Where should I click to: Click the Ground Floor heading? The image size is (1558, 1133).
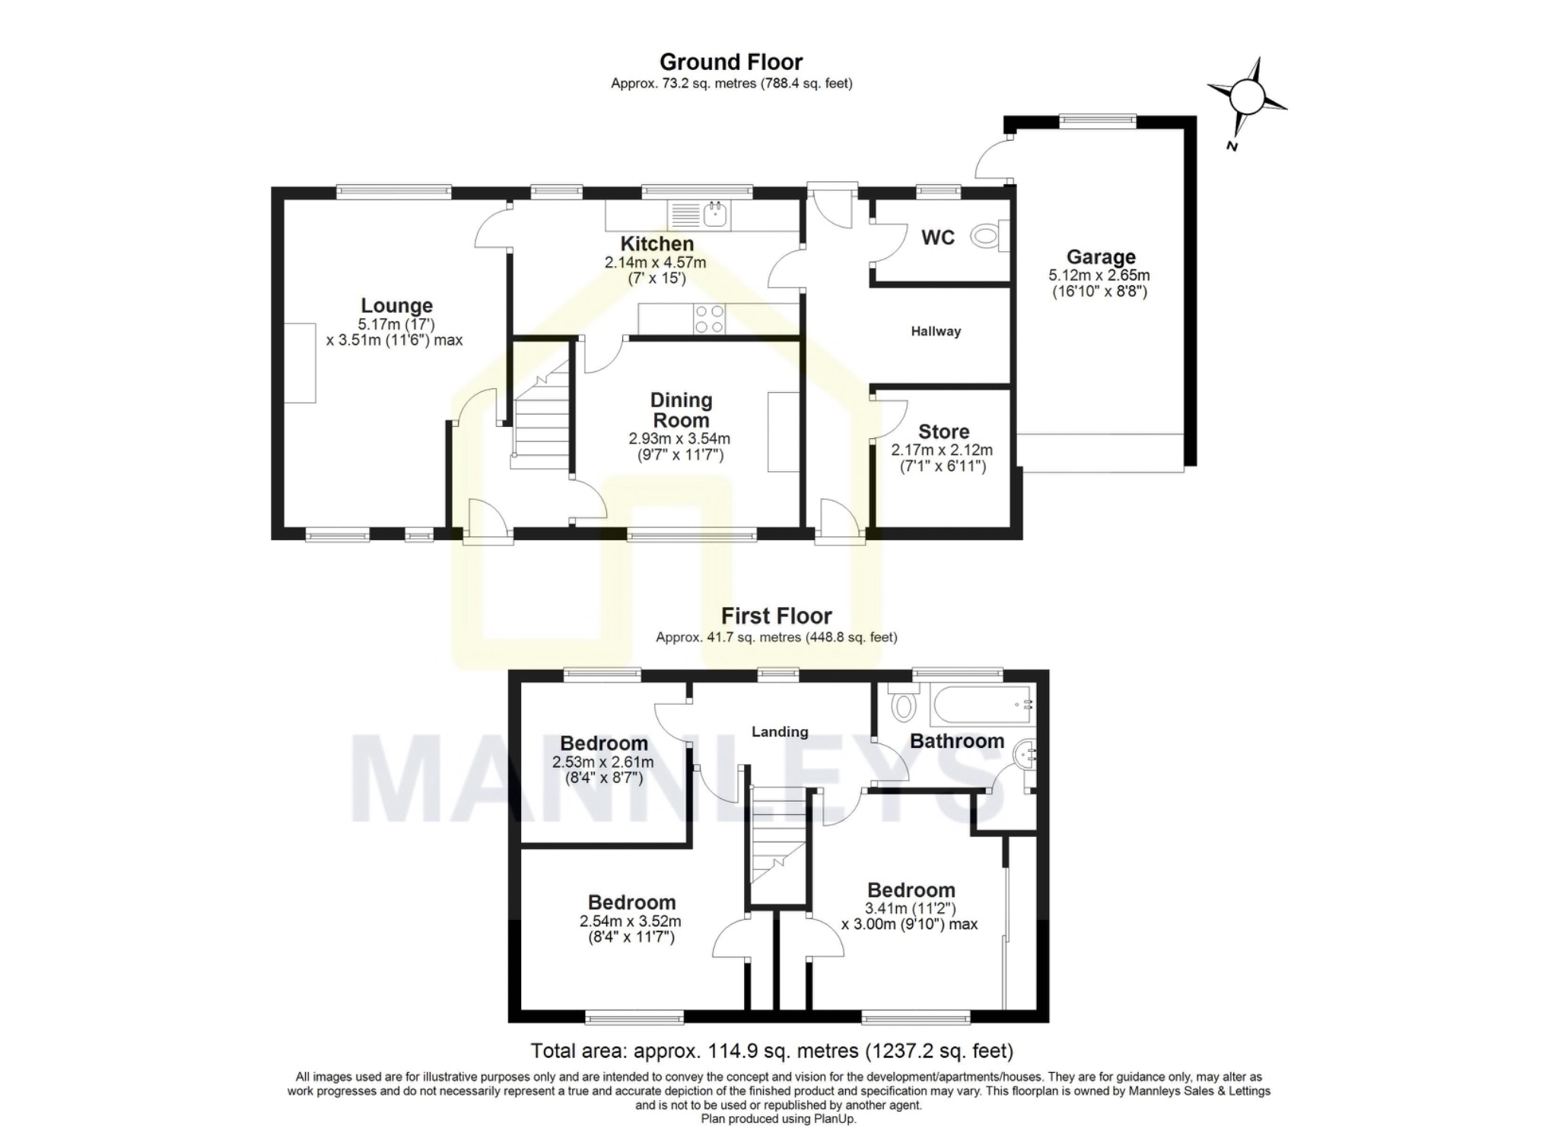[x=731, y=62]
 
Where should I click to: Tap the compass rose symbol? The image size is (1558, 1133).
[x=1247, y=97]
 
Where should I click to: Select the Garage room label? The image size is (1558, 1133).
[x=1101, y=257]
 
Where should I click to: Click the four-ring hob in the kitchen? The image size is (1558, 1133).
[x=709, y=319]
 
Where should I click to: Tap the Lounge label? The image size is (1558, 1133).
[x=396, y=306]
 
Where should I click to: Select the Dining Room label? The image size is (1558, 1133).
[x=681, y=410]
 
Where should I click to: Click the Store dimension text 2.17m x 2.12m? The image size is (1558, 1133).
[x=943, y=450]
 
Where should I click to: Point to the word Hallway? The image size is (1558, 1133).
[x=936, y=331]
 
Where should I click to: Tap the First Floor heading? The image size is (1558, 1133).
[x=777, y=616]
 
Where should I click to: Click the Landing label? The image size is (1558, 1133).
[x=779, y=732]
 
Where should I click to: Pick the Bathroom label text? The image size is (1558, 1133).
[x=957, y=741]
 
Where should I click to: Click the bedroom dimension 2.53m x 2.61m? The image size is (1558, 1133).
[x=603, y=762]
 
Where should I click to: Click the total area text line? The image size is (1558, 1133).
[x=771, y=1051]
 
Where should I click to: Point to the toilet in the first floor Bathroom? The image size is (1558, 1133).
[x=902, y=703]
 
